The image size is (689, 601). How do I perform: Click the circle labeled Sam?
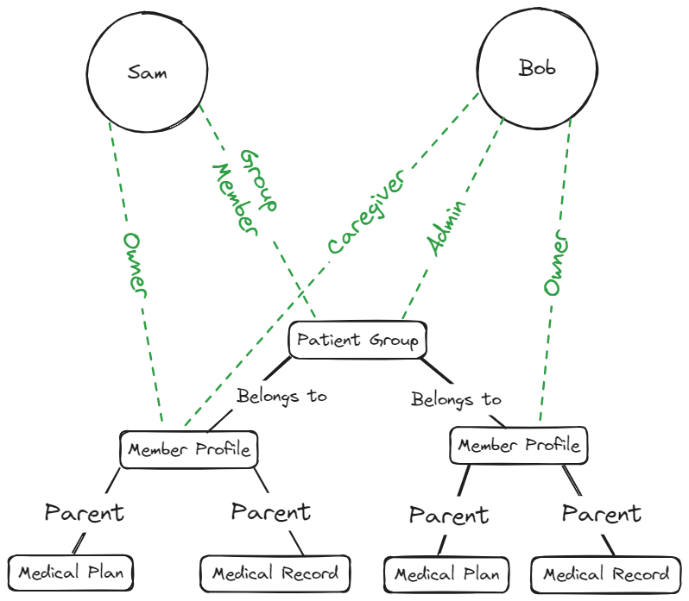tap(148, 72)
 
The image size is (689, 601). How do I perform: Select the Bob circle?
tap(537, 67)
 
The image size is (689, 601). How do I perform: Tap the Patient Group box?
tap(357, 340)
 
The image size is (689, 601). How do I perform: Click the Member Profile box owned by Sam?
tap(189, 449)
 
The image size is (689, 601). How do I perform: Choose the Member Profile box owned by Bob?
tap(519, 446)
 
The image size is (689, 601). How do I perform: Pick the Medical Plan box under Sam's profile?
tap(72, 573)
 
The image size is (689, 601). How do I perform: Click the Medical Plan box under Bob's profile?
tap(446, 574)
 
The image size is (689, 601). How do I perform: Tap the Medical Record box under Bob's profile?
tap(605, 574)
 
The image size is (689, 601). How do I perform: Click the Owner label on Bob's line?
tap(557, 263)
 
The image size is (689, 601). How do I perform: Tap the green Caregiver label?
tap(366, 212)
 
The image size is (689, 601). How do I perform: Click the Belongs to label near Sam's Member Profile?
tap(282, 397)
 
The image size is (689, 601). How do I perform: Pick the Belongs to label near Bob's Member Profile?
tap(456, 400)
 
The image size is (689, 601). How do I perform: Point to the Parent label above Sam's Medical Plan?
tap(85, 513)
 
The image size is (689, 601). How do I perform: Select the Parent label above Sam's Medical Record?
tap(270, 512)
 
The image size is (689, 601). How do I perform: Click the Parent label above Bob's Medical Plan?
tap(448, 516)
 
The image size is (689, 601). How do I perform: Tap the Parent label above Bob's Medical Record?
tap(602, 514)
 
